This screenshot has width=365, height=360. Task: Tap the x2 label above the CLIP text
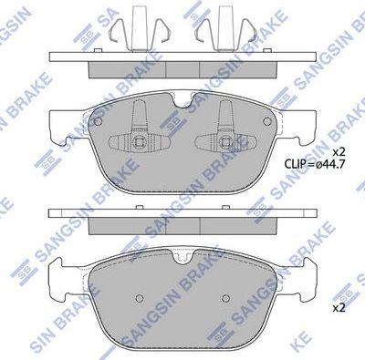339,151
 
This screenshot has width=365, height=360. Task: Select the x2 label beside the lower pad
339,307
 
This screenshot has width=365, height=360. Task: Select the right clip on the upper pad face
224,135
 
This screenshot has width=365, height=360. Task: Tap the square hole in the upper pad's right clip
224,142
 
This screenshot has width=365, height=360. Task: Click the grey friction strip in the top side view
180,69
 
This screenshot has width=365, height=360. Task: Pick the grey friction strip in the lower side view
180,222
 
